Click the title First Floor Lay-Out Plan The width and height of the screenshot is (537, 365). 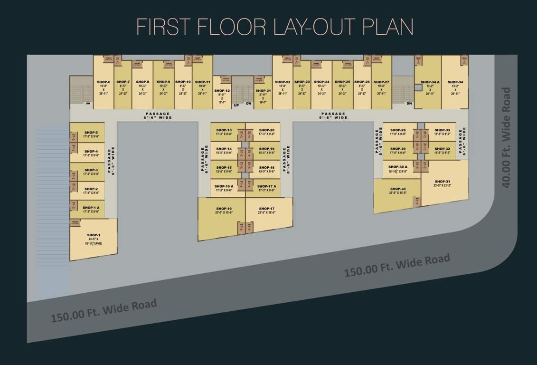[274, 27]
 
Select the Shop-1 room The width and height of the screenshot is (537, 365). [94, 240]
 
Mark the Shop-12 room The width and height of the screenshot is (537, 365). [222, 95]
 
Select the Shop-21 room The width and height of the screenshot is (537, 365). [263, 95]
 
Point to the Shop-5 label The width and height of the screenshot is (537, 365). [91, 133]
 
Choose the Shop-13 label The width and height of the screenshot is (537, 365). [223, 130]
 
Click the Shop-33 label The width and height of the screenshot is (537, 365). [442, 130]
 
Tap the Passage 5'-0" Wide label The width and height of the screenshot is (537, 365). [379, 141]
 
